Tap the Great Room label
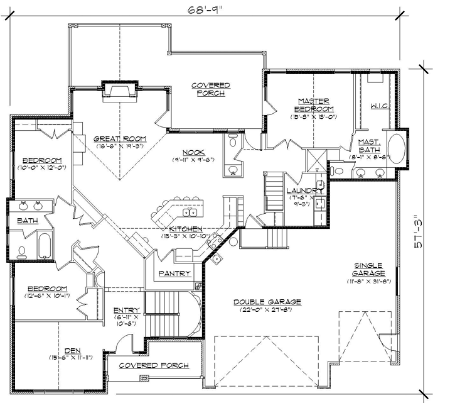pos(112,139)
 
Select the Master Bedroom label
pos(314,105)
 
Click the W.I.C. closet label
pos(381,106)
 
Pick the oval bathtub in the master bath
pos(397,148)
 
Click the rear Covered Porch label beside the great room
pos(210,89)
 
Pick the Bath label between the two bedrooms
pos(27,221)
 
